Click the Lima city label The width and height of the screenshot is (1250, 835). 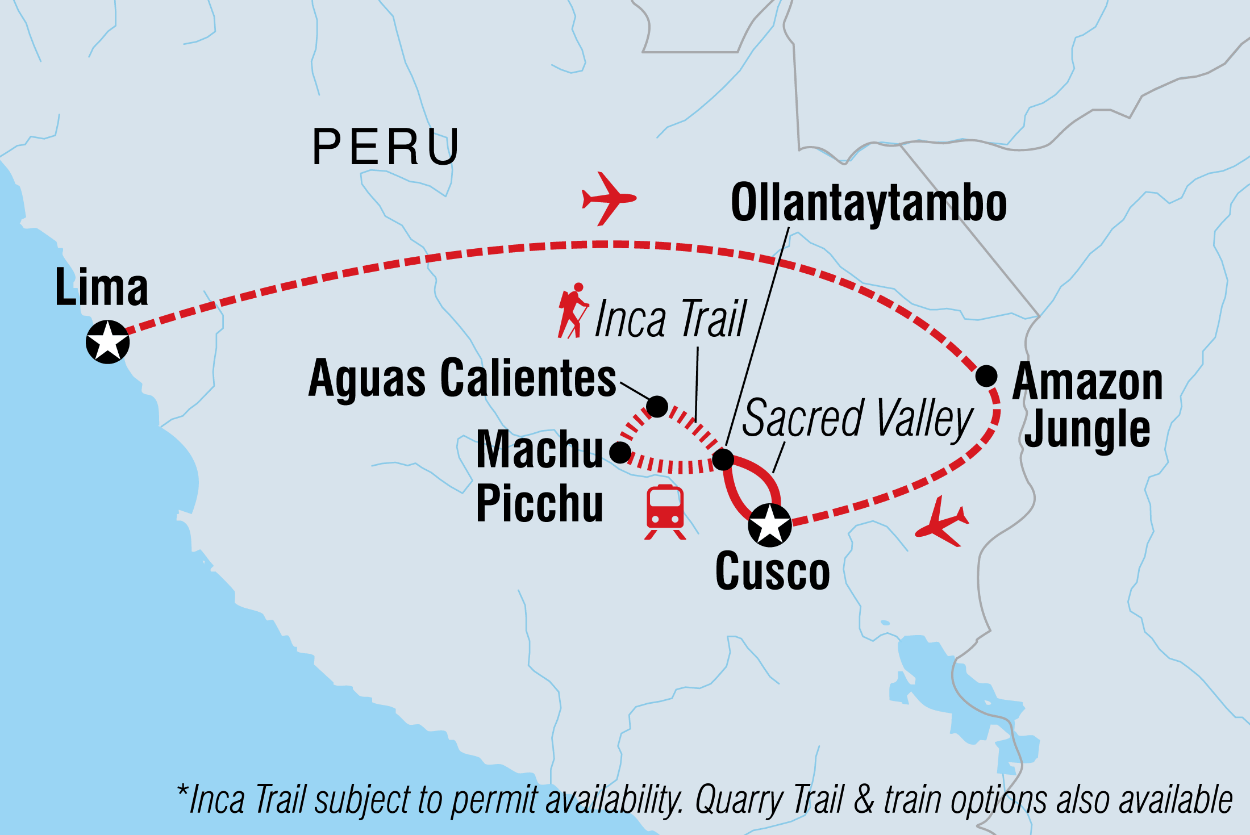coord(102,287)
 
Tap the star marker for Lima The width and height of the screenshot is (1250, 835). coord(107,342)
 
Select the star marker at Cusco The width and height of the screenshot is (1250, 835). coord(769,525)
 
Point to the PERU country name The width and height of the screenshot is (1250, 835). coord(386,148)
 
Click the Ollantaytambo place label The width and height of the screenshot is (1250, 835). coord(868,203)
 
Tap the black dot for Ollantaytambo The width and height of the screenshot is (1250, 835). coord(723,459)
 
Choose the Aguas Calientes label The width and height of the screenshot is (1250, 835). coord(462,378)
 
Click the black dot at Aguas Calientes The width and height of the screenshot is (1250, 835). coord(657,406)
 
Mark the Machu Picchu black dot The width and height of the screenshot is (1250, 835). coord(620,452)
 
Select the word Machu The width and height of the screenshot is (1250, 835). coord(539,450)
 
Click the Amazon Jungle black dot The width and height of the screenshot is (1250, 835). coord(986,375)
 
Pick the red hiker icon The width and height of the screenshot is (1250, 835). coord(573,311)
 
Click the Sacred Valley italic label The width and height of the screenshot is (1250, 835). coord(857,419)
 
